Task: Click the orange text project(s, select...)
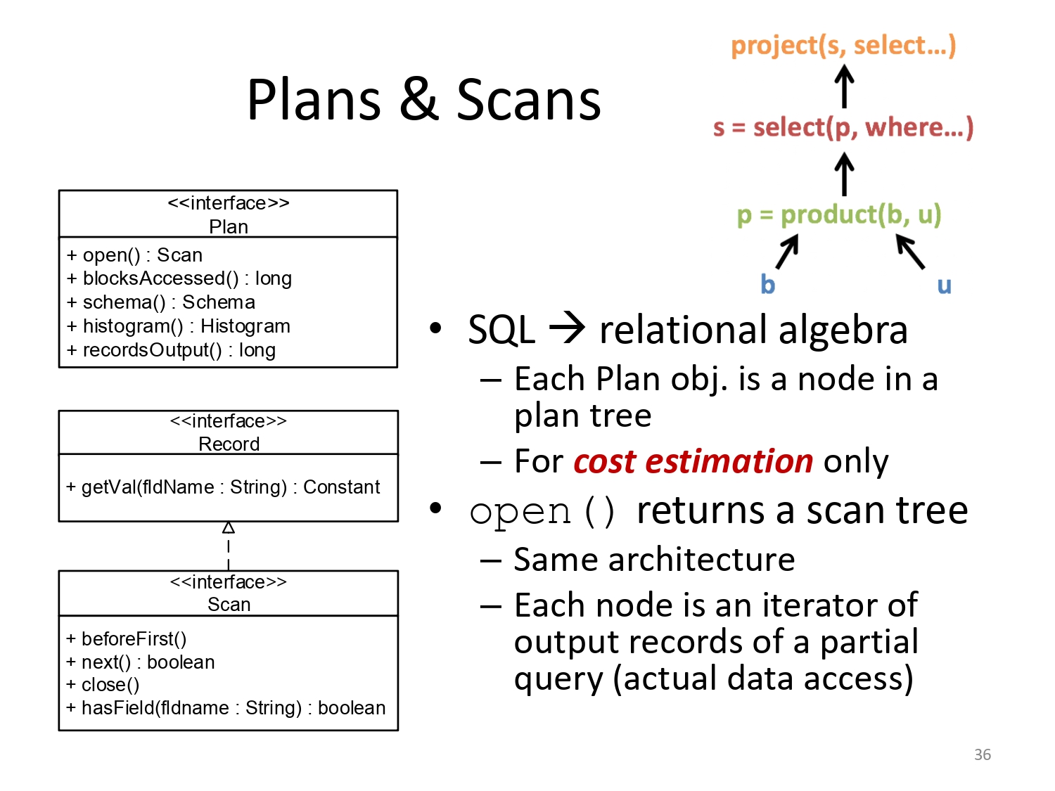(x=843, y=46)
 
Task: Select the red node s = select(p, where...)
(x=843, y=128)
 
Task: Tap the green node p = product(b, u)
(x=838, y=214)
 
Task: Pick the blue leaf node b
(x=767, y=284)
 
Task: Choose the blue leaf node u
(x=944, y=285)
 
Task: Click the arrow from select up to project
(x=844, y=86)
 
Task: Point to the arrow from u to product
(x=910, y=251)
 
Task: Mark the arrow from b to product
(x=787, y=251)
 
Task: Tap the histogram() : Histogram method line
(x=179, y=326)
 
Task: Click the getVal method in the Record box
(x=223, y=487)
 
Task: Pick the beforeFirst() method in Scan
(x=126, y=638)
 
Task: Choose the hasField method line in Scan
(x=226, y=708)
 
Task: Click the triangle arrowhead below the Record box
(x=229, y=528)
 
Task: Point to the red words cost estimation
(x=693, y=461)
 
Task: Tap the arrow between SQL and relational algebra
(x=567, y=328)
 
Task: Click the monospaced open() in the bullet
(x=542, y=513)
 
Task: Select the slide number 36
(x=983, y=754)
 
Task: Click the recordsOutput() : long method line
(x=171, y=350)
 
